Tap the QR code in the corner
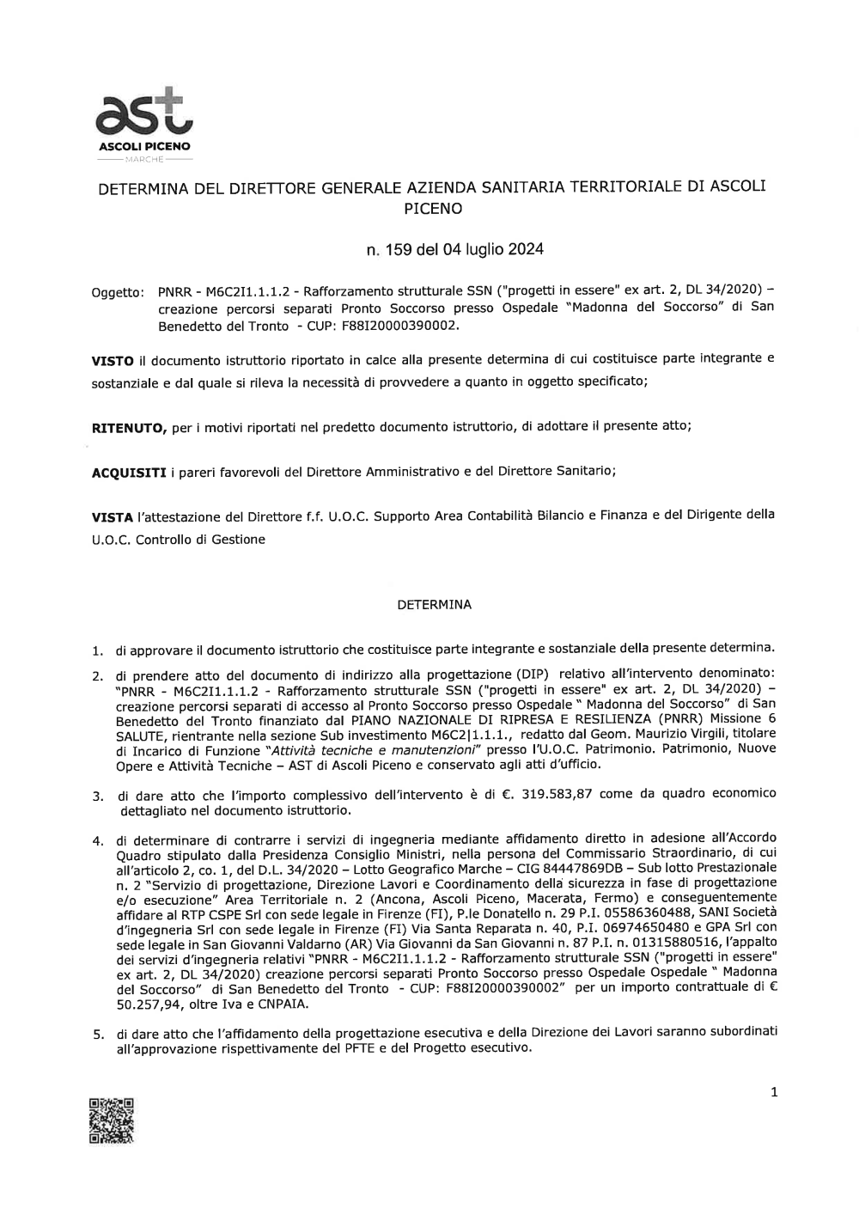[112, 1120]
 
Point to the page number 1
[774, 1092]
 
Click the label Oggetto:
[117, 294]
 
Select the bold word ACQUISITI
[129, 472]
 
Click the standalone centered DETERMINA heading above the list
[434, 605]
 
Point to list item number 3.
[98, 797]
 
